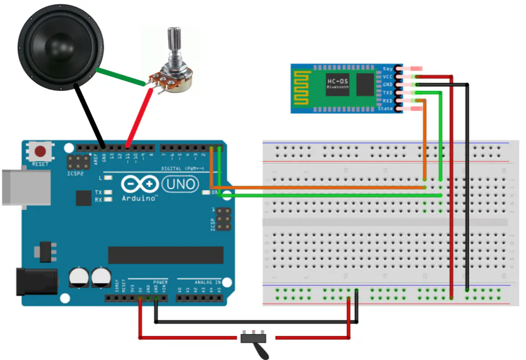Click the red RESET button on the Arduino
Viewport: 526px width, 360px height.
click(x=40, y=151)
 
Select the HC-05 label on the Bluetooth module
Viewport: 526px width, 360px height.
click(x=338, y=81)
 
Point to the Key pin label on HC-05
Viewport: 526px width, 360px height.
click(x=387, y=69)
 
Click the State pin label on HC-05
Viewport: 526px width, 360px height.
click(x=386, y=109)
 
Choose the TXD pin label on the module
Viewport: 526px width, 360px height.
click(x=387, y=93)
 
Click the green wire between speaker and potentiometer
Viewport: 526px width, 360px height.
click(x=121, y=77)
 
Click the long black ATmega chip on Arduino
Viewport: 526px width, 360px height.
click(x=165, y=255)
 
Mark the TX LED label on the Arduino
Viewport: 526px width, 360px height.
click(x=98, y=192)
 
